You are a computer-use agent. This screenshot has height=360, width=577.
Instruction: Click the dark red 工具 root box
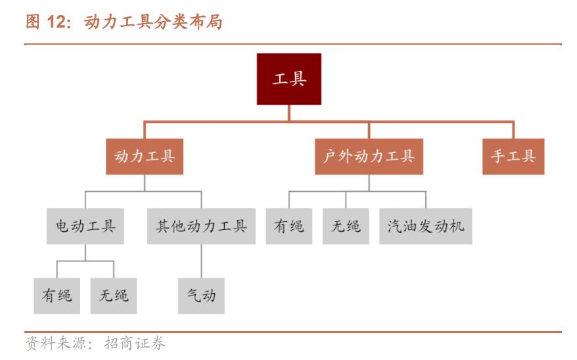point(288,79)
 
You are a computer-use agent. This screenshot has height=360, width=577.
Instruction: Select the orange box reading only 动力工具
point(145,156)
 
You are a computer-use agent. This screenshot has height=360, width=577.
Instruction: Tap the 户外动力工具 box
point(369,156)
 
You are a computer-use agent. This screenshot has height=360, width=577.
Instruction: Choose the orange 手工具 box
point(513,156)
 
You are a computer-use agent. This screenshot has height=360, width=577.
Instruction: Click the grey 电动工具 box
point(85,227)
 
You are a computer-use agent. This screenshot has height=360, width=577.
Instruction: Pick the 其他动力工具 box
point(201,227)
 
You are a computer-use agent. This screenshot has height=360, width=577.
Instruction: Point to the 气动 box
point(201,296)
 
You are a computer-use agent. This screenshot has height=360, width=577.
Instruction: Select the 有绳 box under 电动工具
point(57,296)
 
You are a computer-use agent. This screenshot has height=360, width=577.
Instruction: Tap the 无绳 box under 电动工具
point(114,296)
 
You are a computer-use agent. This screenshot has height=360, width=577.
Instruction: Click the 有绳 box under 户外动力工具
point(288,227)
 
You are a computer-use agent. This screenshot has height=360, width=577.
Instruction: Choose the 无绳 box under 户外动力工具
point(346,227)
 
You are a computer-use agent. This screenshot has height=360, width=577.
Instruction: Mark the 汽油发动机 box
point(425,227)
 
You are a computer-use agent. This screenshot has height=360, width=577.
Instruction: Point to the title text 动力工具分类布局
point(154,23)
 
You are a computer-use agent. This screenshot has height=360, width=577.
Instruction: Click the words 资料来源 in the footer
point(51,343)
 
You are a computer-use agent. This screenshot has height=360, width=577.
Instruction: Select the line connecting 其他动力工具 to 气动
point(201,261)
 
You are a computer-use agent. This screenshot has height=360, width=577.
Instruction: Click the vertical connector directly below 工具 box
point(288,113)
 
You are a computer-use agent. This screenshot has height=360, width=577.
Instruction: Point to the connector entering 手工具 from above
point(513,130)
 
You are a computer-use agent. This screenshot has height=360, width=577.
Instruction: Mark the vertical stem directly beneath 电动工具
point(85,252)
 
